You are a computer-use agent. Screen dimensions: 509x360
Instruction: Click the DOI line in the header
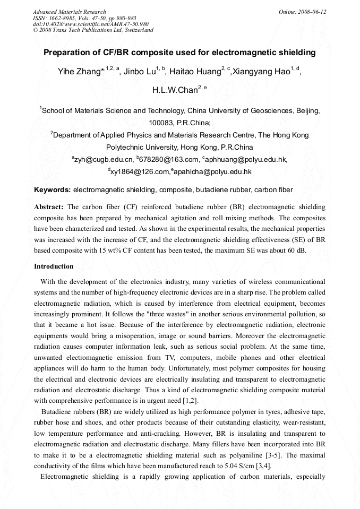tap(90, 24)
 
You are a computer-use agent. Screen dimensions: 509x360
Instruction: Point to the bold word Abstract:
tap(49, 206)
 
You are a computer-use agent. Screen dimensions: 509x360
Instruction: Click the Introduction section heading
tap(54, 266)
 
